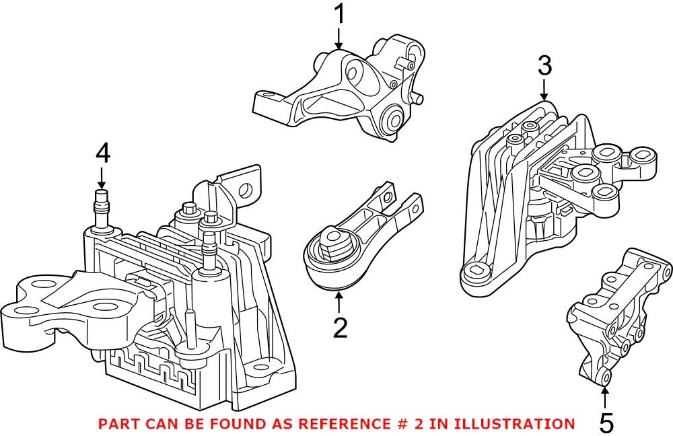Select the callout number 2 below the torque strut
point(340,328)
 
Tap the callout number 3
point(544,66)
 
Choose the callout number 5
point(606,423)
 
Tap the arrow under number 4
point(102,178)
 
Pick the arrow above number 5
point(606,397)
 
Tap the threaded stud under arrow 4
point(102,205)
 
